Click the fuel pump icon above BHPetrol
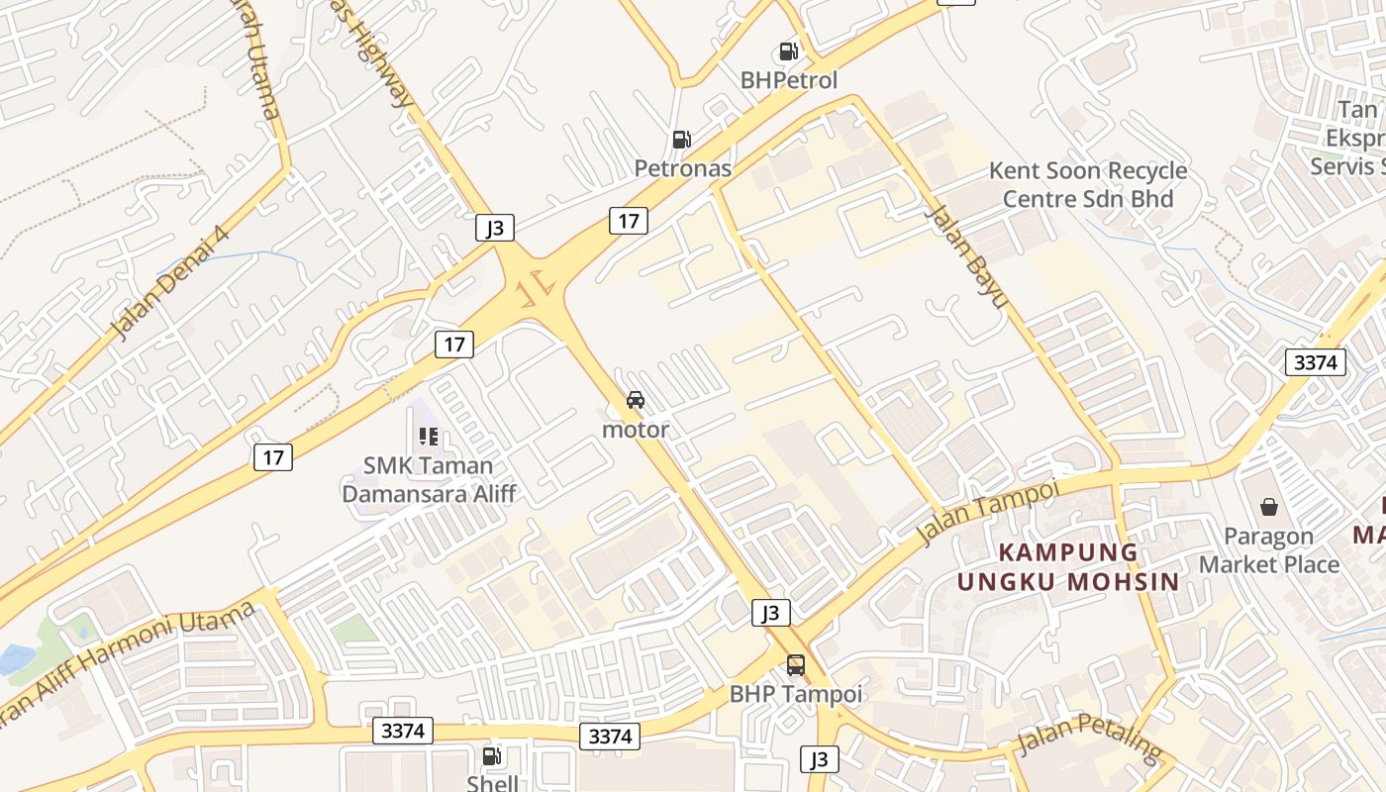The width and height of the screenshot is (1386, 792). [x=788, y=51]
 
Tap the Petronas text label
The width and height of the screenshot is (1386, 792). [x=683, y=168]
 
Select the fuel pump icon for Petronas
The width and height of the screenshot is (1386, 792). [x=681, y=141]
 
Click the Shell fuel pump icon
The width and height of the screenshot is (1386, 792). [x=491, y=757]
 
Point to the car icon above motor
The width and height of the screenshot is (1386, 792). [x=636, y=400]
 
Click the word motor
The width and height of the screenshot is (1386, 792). [x=636, y=430]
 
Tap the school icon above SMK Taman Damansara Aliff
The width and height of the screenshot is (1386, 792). [x=429, y=436]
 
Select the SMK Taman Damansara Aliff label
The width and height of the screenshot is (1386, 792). [x=429, y=478]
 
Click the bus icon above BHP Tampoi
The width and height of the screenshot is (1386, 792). [x=796, y=665]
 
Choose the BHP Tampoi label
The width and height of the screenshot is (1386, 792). [x=796, y=694]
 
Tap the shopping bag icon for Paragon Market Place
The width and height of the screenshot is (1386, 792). [x=1268, y=508]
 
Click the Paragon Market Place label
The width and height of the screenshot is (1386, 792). [x=1268, y=550]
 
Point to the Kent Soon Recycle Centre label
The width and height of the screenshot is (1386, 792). [x=1088, y=184]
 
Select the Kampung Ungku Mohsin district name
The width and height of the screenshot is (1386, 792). [x=1068, y=566]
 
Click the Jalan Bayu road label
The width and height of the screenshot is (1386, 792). [x=965, y=255]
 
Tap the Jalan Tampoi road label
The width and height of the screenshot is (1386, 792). [x=987, y=512]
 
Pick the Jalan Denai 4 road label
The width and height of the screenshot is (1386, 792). [x=169, y=283]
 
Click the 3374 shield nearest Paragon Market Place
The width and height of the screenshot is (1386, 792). [x=1316, y=362]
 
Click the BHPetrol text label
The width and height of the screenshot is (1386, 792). [x=789, y=80]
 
